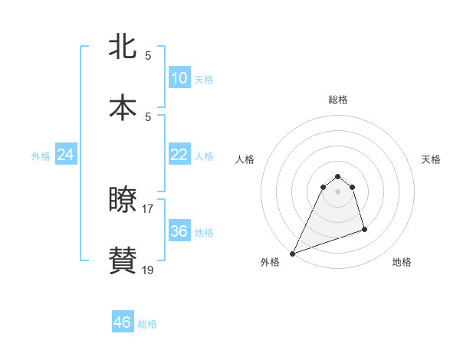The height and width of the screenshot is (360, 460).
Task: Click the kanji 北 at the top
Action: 123,47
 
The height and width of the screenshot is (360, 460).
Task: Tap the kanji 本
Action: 123,106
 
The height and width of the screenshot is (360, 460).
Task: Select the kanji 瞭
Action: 123,200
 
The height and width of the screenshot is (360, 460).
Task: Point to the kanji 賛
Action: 123,260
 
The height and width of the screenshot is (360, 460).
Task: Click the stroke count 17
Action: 148,208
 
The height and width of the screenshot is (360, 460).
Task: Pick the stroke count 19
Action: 148,269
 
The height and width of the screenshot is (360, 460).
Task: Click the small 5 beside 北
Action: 148,56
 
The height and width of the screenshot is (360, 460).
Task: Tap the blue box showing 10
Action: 179,78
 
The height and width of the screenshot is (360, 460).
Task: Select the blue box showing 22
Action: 179,155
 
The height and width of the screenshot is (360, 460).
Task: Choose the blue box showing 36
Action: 179,231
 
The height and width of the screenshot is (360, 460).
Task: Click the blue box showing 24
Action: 66,155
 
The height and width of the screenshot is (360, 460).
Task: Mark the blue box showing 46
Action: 123,322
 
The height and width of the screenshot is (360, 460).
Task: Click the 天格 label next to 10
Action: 204,80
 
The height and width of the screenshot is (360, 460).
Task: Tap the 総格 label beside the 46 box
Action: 147,324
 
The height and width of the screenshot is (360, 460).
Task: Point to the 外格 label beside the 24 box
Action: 41,156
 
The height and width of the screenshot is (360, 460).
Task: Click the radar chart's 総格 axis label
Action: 338,100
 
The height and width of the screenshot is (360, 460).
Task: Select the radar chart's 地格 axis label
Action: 402,263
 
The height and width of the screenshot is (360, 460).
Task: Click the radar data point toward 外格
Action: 292,253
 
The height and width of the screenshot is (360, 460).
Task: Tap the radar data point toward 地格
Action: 364,229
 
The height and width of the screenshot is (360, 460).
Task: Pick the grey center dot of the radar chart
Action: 338,191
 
